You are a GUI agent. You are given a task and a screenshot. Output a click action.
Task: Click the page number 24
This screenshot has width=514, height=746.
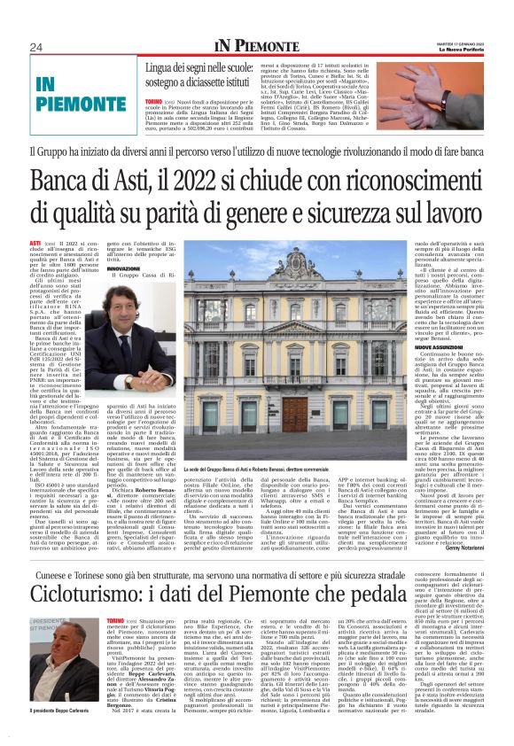[x=36, y=47]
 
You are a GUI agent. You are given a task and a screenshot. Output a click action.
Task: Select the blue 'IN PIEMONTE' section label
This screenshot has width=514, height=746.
[x=68, y=92]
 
